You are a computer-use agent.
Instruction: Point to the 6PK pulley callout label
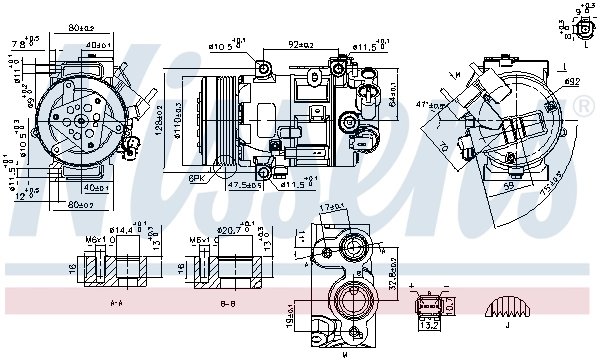pos(196,179)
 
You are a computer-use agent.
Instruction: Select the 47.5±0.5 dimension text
pos(245,185)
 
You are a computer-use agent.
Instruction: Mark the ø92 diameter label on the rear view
pos(571,81)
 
